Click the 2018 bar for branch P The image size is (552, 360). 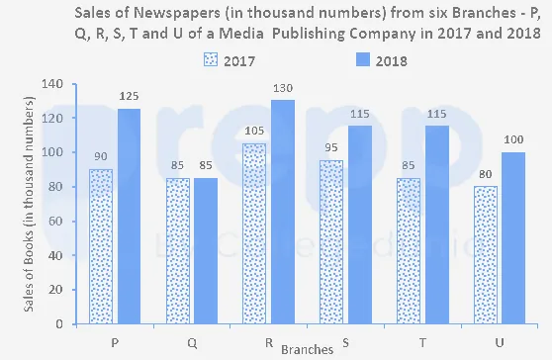(129, 216)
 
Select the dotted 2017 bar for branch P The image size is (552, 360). (101, 246)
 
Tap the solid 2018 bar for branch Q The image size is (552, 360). (206, 251)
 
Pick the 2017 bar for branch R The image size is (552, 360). (254, 233)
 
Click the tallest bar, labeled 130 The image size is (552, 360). (283, 212)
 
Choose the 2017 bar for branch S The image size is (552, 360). (331, 242)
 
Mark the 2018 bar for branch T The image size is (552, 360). (437, 225)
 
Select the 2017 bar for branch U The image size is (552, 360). (486, 255)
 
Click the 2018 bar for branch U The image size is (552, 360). (513, 238)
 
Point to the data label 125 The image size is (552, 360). (129, 96)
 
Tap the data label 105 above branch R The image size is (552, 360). (254, 131)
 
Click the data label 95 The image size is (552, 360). (331, 147)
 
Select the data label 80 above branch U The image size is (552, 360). (486, 174)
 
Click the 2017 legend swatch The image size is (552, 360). (211, 59)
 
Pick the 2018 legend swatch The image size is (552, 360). (363, 59)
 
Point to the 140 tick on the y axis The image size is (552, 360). (52, 84)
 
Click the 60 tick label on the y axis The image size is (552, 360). (56, 221)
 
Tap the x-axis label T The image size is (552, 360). (422, 342)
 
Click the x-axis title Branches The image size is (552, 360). (307, 349)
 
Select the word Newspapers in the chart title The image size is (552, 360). (177, 14)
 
